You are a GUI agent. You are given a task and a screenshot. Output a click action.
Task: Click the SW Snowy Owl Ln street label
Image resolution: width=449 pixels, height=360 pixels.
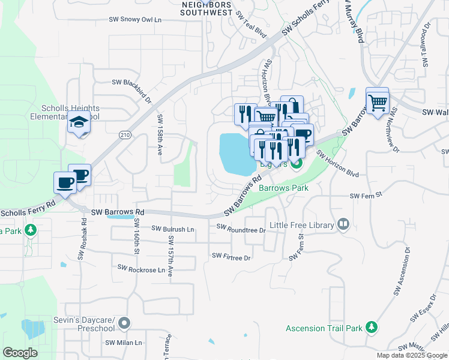pos(135,19)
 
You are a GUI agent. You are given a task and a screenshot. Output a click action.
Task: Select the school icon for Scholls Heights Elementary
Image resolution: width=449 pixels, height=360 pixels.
pos(79,122)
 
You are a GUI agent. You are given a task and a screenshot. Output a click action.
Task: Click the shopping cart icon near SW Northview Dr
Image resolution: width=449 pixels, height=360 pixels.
pos(378,103)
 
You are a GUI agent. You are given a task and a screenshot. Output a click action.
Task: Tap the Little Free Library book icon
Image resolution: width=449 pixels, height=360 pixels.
pos(343,224)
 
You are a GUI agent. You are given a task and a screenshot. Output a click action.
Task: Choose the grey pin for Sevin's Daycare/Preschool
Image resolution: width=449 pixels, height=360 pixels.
pos(124,323)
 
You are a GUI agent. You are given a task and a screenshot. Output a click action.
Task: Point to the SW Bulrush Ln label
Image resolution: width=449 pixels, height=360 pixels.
pos(173,229)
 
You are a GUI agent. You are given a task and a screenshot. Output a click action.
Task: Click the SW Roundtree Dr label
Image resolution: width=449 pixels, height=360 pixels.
pos(241,229)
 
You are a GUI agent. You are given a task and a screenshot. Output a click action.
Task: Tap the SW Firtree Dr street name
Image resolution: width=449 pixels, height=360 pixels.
pos(231,256)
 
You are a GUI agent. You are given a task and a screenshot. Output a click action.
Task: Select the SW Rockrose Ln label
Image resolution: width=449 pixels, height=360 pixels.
pos(141,269)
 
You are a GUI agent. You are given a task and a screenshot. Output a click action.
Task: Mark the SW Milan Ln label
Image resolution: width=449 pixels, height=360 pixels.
pos(124,343)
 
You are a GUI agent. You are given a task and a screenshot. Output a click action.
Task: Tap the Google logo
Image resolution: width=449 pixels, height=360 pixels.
pos(20,352)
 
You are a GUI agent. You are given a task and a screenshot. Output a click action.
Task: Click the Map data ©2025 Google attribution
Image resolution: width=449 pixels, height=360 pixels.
pos(412,355)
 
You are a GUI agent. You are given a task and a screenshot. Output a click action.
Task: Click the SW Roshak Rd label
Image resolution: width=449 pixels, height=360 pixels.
pos(82,238)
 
